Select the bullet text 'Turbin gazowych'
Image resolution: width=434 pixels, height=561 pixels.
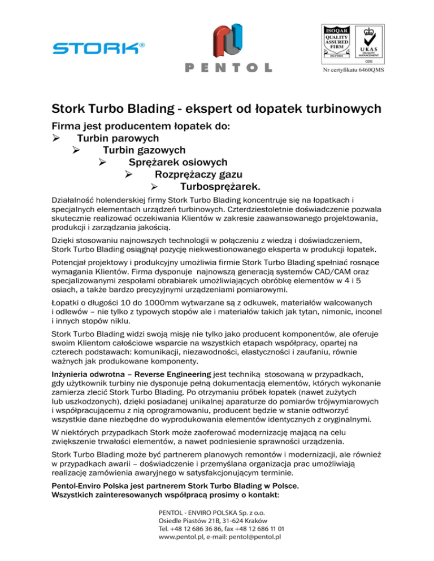(144, 150)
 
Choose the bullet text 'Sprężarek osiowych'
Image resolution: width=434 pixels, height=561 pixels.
(178, 163)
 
